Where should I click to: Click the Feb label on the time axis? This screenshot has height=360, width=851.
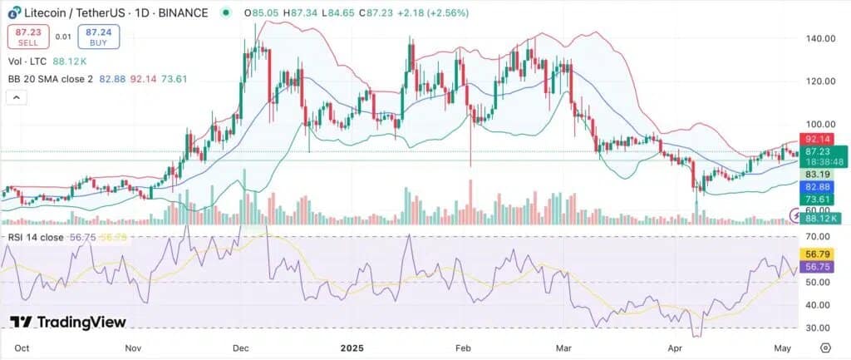(463, 348)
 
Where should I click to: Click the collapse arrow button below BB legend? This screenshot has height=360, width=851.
(16, 97)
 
